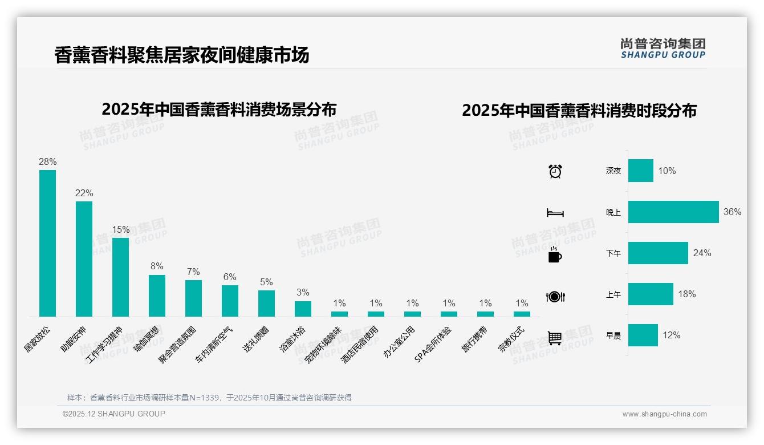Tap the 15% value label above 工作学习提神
point(121,229)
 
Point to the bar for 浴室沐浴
point(303,309)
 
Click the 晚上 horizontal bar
point(673,212)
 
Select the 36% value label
point(732,212)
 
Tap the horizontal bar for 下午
point(658,253)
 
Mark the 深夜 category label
point(613,171)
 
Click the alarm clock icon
point(555,171)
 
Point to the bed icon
point(555,213)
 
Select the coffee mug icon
point(555,255)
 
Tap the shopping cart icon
point(555,338)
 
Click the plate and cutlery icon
point(555,297)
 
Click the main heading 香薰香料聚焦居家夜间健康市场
point(182,55)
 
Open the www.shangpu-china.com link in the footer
point(664,414)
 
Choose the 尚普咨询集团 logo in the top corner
point(663,48)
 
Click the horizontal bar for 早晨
point(643,335)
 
